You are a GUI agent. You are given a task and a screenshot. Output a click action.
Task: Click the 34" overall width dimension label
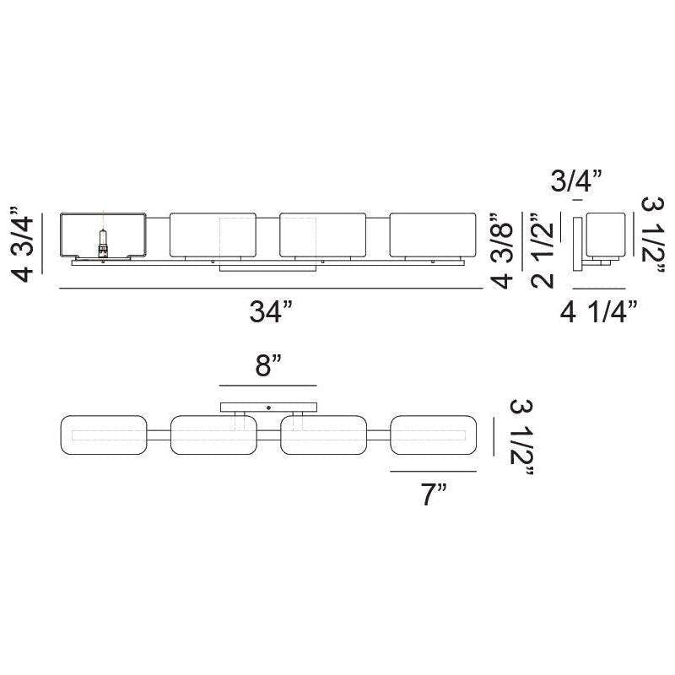coord(271,311)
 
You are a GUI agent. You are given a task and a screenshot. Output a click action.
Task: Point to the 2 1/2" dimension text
coord(542,250)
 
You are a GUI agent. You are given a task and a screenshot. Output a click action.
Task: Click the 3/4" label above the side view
coord(576,181)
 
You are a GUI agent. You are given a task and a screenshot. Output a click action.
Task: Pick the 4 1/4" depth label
coord(599,311)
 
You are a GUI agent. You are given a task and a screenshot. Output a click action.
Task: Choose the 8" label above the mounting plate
coord(268,366)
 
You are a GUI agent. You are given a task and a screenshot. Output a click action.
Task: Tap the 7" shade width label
coord(434,494)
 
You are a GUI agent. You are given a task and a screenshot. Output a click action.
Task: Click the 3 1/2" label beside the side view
coord(653,235)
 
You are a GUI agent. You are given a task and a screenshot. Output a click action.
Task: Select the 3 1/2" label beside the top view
coord(521,437)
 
